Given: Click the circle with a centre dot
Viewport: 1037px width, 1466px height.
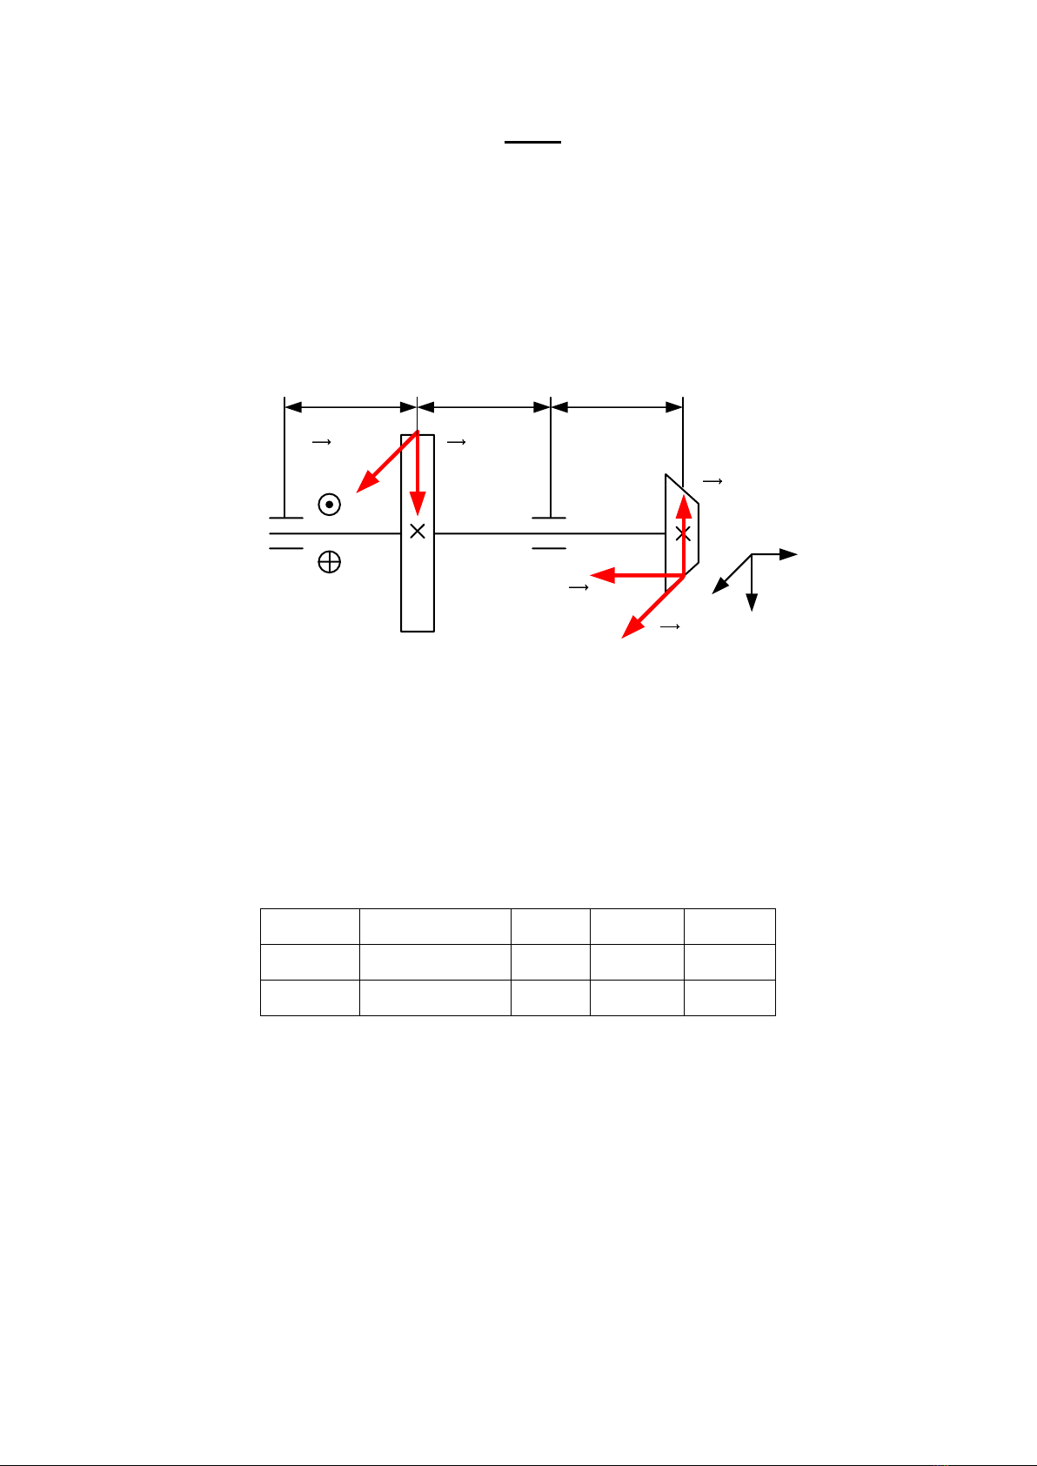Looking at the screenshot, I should click(x=329, y=505).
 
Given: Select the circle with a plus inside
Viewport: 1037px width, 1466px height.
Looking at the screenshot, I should click(x=329, y=563).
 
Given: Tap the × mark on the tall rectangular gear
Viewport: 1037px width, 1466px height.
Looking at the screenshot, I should click(x=418, y=531).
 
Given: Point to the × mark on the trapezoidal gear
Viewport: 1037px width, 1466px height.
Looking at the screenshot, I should click(x=683, y=532).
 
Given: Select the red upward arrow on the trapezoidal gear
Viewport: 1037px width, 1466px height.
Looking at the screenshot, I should click(x=683, y=531).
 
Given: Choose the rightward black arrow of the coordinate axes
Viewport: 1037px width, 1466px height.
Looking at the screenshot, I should click(x=775, y=554).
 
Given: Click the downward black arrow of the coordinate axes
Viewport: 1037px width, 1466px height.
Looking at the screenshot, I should click(x=752, y=583).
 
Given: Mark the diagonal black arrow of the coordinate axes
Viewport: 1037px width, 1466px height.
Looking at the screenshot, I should click(x=732, y=574).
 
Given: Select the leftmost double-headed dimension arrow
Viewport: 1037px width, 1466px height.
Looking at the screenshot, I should click(x=351, y=406).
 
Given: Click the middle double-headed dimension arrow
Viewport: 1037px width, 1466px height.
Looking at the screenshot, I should click(x=485, y=406).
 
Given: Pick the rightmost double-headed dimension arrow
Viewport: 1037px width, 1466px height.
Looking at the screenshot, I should click(x=617, y=406).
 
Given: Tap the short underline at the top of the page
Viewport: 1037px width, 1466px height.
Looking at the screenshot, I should click(x=533, y=142).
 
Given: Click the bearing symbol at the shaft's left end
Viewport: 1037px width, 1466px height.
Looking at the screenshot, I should click(x=285, y=532).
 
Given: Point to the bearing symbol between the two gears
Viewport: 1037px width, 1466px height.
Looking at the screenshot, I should click(x=550, y=532).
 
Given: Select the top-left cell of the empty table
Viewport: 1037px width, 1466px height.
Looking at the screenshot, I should click(x=310, y=926).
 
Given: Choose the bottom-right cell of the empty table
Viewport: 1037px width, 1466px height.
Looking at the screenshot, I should click(x=729, y=997).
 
